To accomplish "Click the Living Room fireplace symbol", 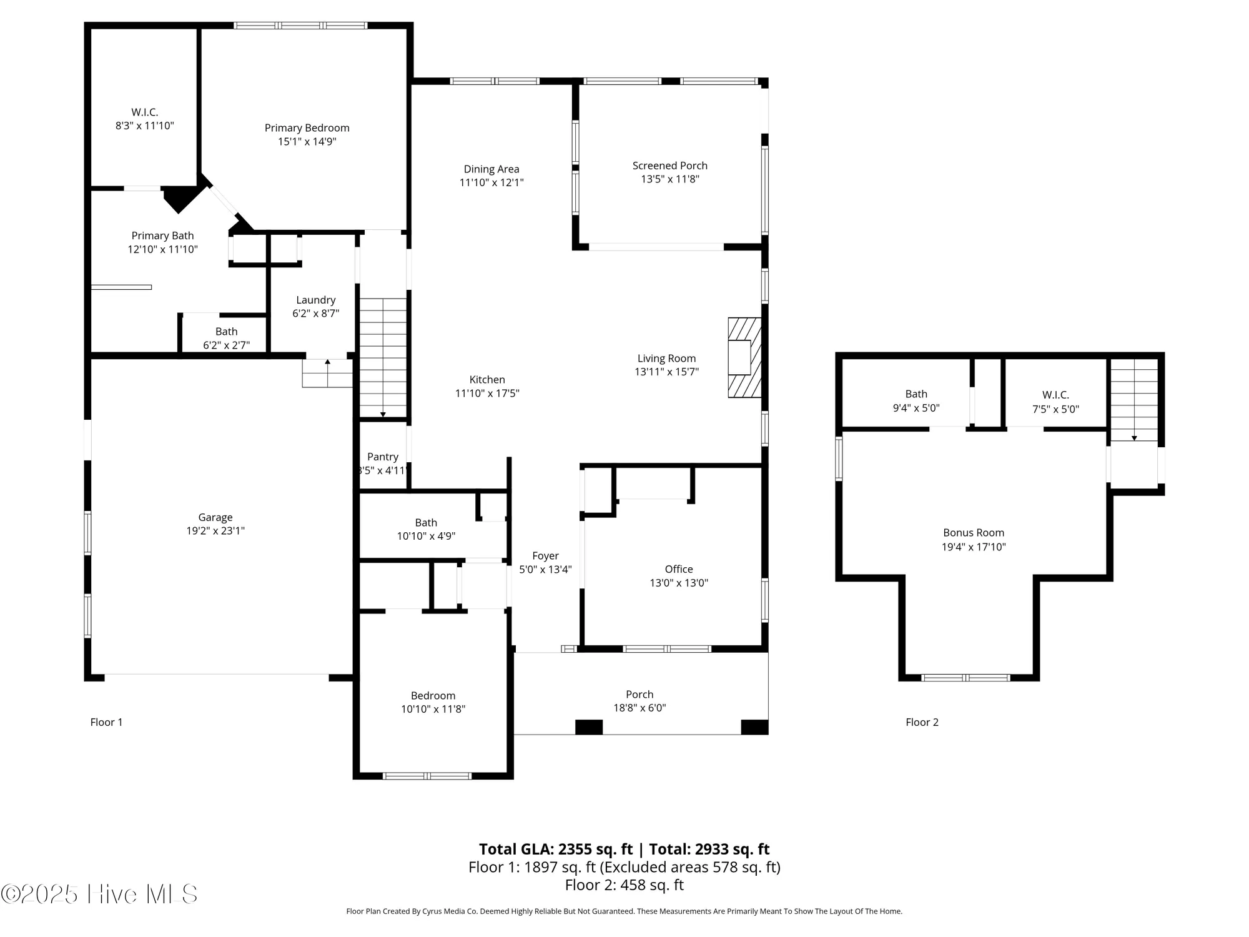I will pos(744,357).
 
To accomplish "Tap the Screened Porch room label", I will pos(669,166).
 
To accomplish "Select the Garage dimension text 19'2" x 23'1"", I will pos(215,531).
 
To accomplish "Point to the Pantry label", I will pos(382,457).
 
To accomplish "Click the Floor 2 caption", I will pos(922,722).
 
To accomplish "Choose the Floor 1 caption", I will pos(106,722).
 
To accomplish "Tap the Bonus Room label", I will pos(973,533).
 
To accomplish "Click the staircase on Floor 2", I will pos(1133,400).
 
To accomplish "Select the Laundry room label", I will pos(315,300).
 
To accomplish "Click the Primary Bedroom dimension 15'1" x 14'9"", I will pos(307,142).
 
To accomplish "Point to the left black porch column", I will pos(588,727).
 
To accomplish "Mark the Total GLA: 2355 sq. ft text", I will pos(556,849).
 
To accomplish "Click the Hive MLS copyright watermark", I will pos(100,895).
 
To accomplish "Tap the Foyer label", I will pos(545,556).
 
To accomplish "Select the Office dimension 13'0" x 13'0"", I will pos(678,583).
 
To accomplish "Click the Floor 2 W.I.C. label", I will pos(1055,395).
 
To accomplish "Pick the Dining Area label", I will pos(491,169).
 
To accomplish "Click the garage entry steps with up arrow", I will pos(327,374).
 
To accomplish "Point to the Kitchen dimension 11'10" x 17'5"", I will pos(487,394).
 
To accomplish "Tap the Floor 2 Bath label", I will pos(916,394).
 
